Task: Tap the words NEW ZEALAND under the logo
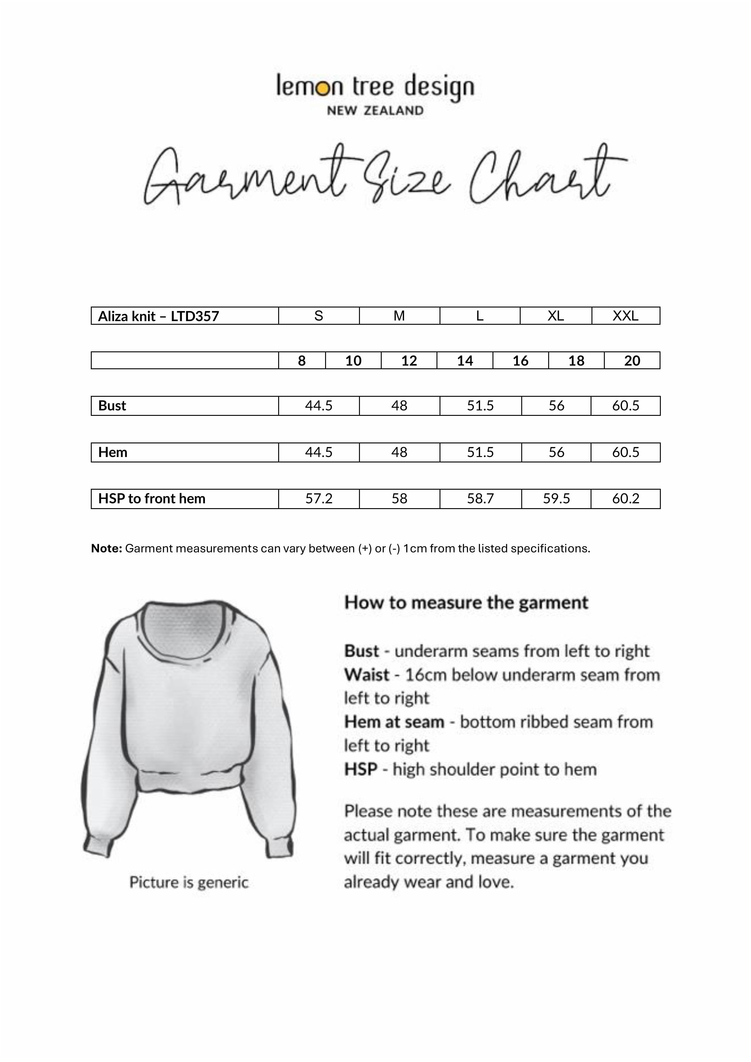tap(375, 111)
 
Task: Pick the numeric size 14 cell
tap(465, 361)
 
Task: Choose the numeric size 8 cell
tap(302, 361)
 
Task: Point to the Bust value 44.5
tap(318, 406)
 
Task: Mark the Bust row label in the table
tap(112, 406)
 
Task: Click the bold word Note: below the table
tap(107, 549)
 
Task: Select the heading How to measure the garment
tap(466, 603)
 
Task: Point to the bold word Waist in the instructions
tap(367, 675)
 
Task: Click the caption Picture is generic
tap(189, 883)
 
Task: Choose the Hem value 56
tap(556, 452)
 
